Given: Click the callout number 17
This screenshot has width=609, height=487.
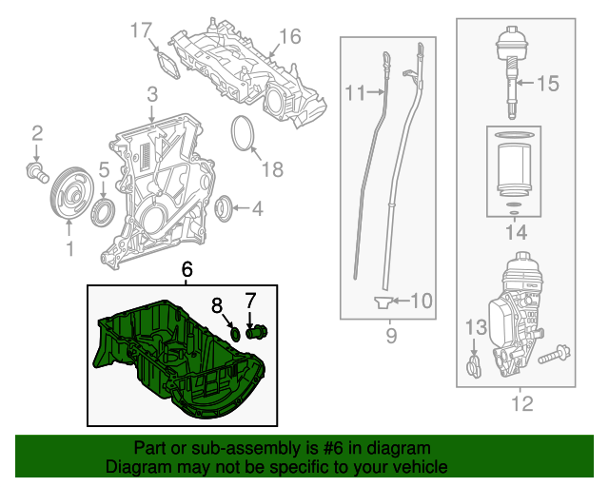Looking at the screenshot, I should pos(141,31).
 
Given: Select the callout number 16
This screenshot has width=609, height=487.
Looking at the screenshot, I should pos(289,37).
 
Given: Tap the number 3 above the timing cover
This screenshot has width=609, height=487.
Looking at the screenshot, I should pos(151,94).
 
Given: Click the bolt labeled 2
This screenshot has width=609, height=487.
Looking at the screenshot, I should pos(36,172).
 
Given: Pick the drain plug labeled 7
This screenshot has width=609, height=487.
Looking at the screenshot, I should pos(256,332).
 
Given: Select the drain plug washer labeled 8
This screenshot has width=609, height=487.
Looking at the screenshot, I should pos(234,332).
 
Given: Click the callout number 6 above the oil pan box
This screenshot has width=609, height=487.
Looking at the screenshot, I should pos(187,270).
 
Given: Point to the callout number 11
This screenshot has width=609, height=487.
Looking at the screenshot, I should pos(355,93).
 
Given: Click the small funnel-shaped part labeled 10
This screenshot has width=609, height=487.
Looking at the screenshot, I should pos(381,302).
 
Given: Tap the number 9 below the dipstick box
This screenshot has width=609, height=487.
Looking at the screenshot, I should pos(390,336).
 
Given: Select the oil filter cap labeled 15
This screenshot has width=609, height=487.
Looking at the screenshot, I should pos(510,57).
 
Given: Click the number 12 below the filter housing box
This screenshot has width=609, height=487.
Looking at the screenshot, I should pos(521,405).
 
